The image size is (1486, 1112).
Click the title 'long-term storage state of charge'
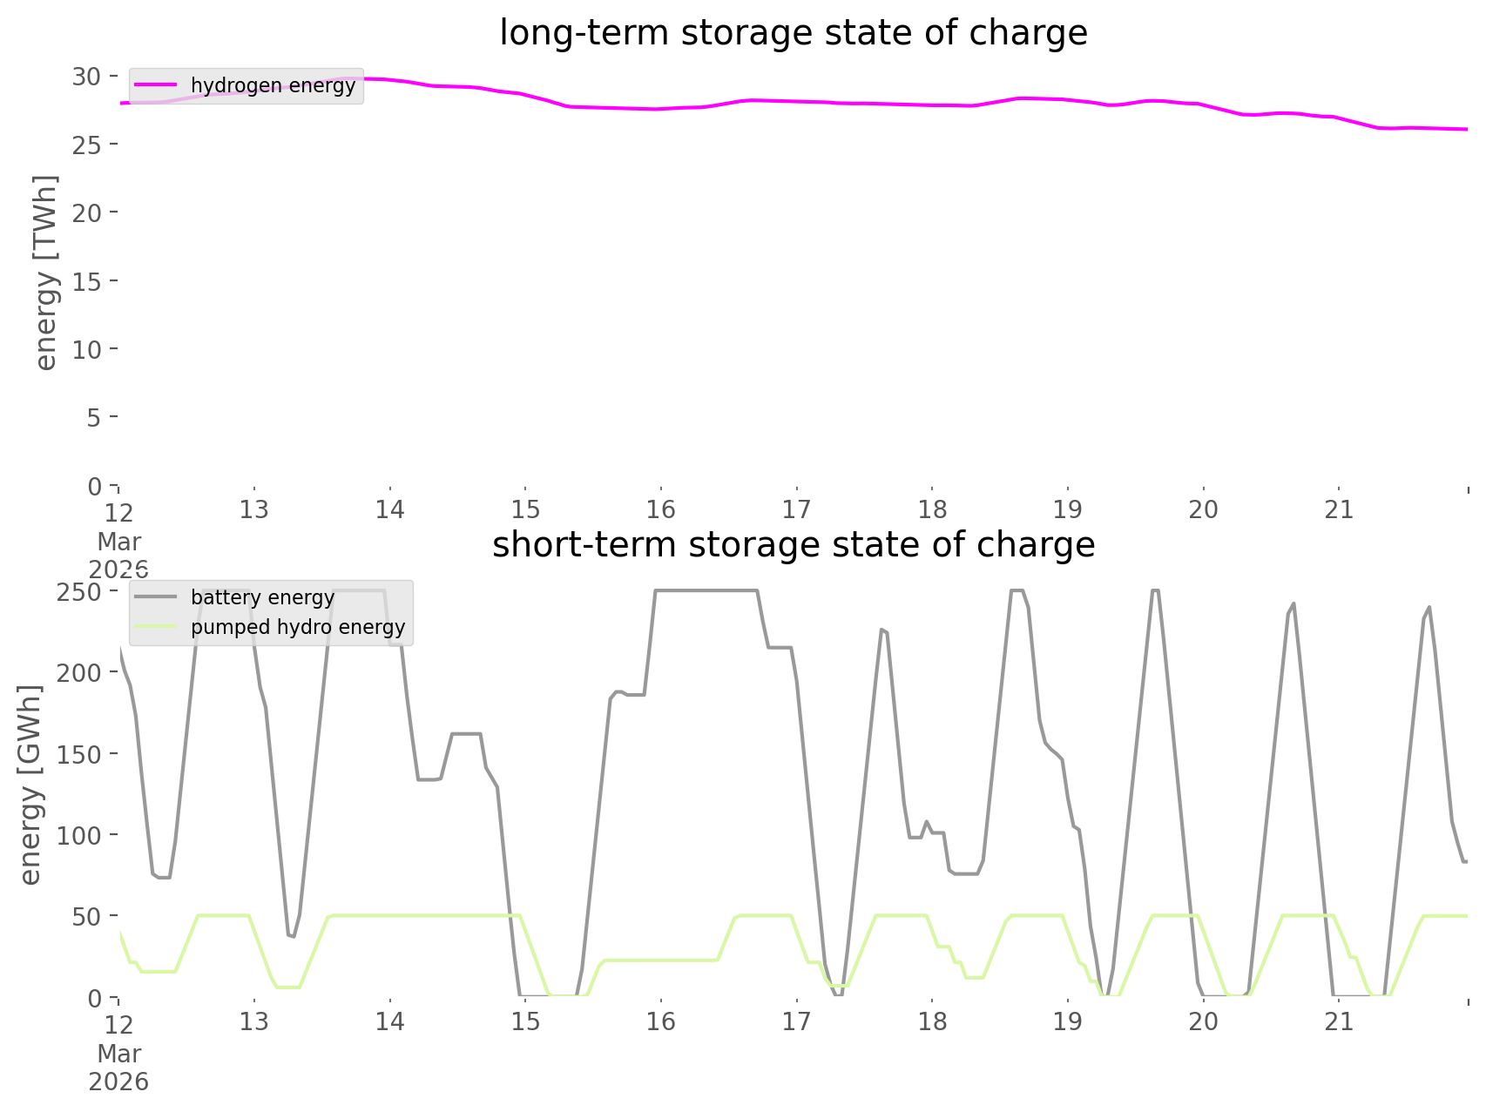793,33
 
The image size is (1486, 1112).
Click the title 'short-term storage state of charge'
793,545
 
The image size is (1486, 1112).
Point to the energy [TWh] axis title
46,273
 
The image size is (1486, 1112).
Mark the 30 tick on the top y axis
86,77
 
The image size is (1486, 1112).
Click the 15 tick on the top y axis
86,281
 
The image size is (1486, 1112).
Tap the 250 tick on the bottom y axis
79,591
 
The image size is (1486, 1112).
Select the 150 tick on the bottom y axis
79,754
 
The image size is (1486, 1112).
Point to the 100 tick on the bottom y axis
79,835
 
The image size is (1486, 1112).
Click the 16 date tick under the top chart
661,509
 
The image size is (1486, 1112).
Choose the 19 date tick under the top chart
1068,509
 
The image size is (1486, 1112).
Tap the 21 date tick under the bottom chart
1339,1021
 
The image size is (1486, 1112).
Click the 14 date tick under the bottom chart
390,1021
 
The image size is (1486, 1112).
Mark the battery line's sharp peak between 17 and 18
882,629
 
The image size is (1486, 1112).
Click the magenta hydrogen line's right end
1467,129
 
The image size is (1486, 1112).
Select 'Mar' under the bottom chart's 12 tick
119,1053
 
